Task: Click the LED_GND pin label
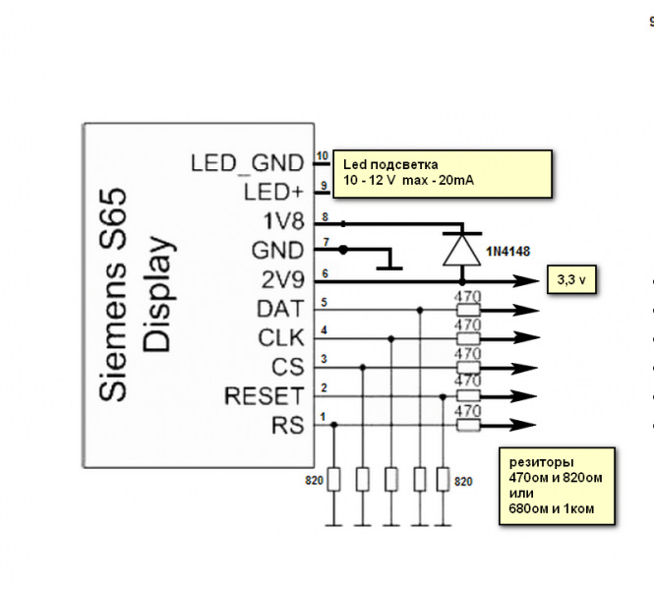(x=247, y=163)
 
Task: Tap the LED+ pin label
(x=273, y=192)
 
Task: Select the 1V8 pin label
(x=283, y=221)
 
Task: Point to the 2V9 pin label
(x=282, y=280)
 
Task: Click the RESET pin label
(x=264, y=396)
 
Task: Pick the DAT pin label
(x=280, y=309)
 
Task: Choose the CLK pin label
(x=281, y=337)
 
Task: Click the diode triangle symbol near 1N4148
(x=461, y=250)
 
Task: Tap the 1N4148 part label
(x=508, y=252)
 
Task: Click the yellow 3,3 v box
(x=571, y=279)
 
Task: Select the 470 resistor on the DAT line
(x=468, y=310)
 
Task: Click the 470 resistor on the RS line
(x=468, y=426)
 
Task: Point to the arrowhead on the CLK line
(x=527, y=337)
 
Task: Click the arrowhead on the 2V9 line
(x=527, y=281)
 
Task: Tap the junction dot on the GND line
(x=343, y=250)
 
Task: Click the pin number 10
(x=323, y=156)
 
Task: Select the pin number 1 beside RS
(x=323, y=417)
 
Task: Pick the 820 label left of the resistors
(x=314, y=481)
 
